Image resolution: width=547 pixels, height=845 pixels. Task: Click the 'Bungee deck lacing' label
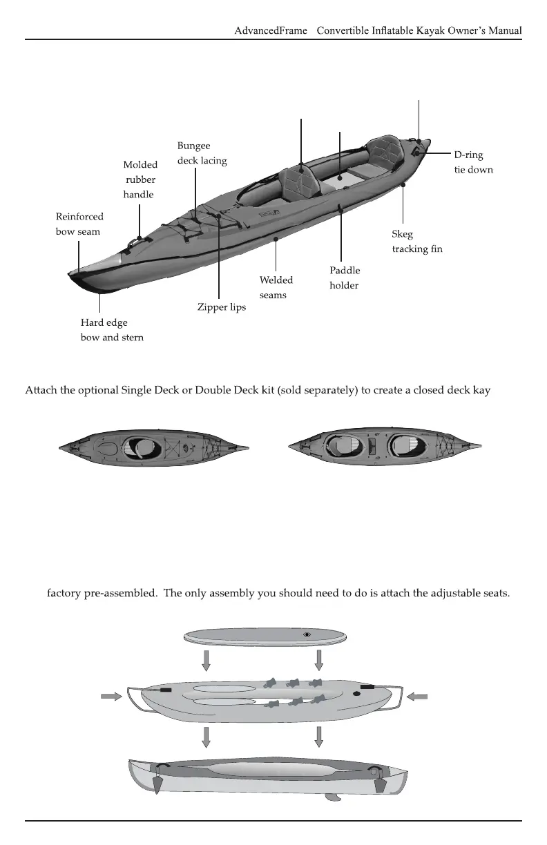tap(202, 153)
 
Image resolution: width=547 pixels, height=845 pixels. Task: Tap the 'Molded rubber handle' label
tap(140, 179)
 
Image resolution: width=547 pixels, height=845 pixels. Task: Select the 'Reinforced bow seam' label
tap(79, 224)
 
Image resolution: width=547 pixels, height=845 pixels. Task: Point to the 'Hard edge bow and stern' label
tap(112, 330)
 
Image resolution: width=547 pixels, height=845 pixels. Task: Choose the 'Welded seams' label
tap(276, 287)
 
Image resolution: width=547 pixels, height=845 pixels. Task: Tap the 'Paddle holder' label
tap(345, 278)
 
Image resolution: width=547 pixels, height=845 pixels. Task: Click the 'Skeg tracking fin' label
tap(417, 242)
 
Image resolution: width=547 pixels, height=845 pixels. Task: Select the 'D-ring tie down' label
tap(473, 162)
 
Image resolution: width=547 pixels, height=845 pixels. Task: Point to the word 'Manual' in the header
tap(502, 30)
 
